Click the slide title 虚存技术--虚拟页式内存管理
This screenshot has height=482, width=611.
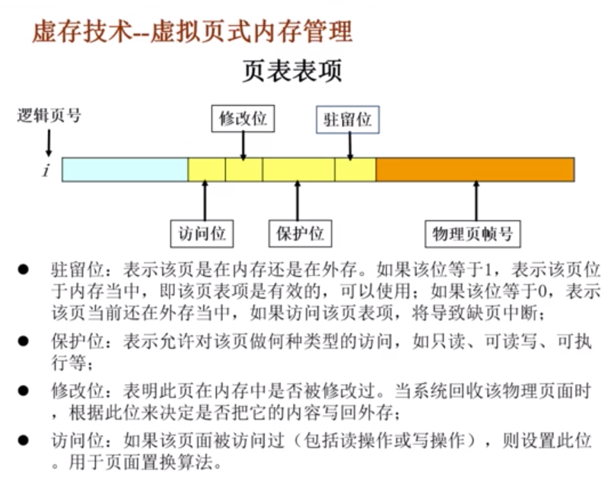click(x=192, y=32)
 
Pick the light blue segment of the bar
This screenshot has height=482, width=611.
click(x=125, y=170)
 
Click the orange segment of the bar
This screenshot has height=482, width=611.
click(x=475, y=170)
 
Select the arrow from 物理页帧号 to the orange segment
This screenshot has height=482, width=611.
click(x=476, y=201)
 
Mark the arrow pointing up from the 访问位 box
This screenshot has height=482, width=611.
click(x=205, y=201)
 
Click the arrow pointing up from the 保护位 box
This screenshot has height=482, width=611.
click(x=298, y=201)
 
